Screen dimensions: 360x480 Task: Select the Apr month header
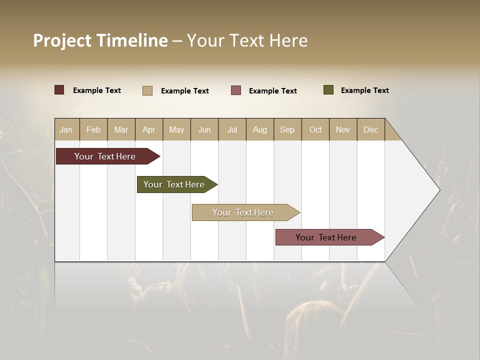click(x=149, y=129)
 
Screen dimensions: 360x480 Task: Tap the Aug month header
click(x=260, y=129)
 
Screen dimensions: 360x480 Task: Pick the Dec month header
click(x=371, y=129)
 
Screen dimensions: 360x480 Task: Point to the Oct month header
click(x=315, y=129)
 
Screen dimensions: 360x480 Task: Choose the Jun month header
click(x=204, y=129)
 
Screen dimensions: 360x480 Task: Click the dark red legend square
click(x=59, y=90)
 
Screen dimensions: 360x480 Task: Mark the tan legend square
click(x=147, y=90)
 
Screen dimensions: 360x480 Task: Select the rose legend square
click(x=236, y=90)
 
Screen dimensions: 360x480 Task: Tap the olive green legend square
click(x=328, y=90)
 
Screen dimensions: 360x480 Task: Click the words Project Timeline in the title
click(x=100, y=40)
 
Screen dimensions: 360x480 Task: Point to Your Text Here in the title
click(x=247, y=40)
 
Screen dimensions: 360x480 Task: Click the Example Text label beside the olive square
click(x=364, y=90)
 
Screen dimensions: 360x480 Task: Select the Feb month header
click(x=93, y=129)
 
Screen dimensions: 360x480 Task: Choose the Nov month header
click(x=343, y=129)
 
